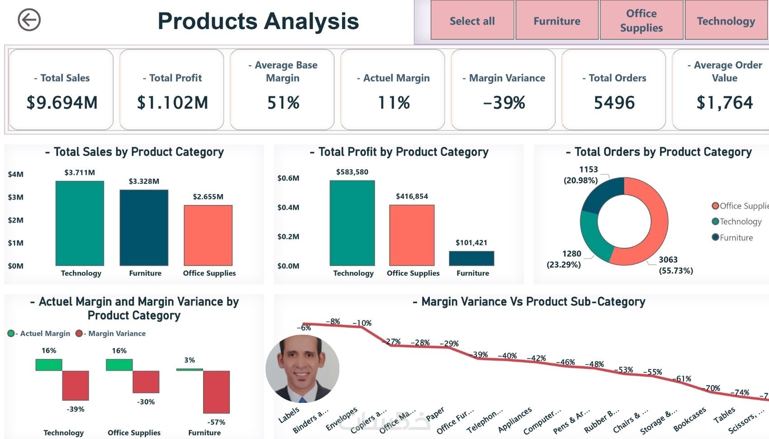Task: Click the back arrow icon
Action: [x=29, y=20]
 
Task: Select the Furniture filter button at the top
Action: [x=557, y=21]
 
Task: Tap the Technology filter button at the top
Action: [x=726, y=21]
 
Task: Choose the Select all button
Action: [x=472, y=21]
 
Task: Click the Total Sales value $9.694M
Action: [x=62, y=103]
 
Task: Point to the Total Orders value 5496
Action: [x=614, y=103]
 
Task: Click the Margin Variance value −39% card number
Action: [x=504, y=103]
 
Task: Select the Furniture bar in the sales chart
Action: [x=144, y=228]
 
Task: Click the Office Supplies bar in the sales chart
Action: [x=208, y=235]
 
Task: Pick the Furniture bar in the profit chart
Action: [x=471, y=258]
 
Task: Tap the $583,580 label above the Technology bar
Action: [x=352, y=172]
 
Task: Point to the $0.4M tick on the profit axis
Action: [x=288, y=207]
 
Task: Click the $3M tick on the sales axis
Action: [x=15, y=197]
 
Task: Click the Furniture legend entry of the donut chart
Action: [x=733, y=238]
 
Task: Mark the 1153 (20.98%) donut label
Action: [x=584, y=175]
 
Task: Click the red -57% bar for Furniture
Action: [x=216, y=392]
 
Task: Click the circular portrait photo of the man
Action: [x=302, y=368]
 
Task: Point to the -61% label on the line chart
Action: [x=682, y=379]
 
